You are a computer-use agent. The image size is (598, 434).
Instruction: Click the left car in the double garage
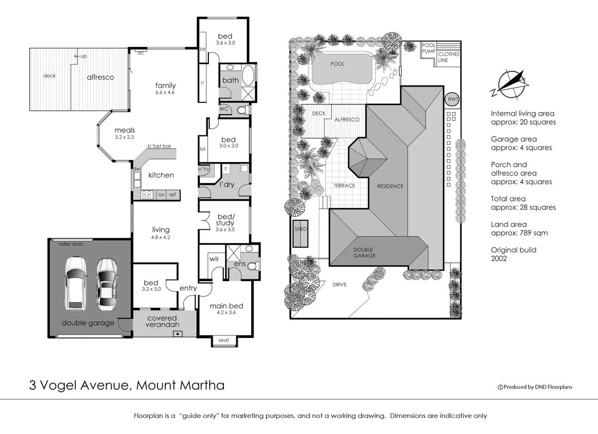[x=75, y=284]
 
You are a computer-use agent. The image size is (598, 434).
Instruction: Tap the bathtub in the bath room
[x=249, y=80]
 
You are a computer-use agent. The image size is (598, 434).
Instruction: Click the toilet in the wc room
[x=241, y=109]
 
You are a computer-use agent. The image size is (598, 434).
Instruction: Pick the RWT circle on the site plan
[x=452, y=99]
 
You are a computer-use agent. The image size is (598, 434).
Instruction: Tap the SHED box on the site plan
[x=301, y=233]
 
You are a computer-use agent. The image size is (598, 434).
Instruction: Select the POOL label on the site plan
[x=337, y=64]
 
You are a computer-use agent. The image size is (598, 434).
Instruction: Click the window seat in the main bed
[x=224, y=341]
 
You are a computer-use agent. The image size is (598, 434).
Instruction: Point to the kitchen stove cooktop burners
[x=147, y=194]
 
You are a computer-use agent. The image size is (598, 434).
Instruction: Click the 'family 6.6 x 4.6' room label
[x=165, y=89]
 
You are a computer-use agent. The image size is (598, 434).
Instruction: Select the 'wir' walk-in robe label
[x=214, y=259]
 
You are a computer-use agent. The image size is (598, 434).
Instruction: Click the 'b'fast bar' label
[x=159, y=146]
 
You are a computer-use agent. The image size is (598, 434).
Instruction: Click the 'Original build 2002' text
[x=513, y=254]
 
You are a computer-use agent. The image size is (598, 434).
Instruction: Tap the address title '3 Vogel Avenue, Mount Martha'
[x=126, y=385]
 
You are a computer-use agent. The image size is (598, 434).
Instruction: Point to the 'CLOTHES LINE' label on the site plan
[x=448, y=57]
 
